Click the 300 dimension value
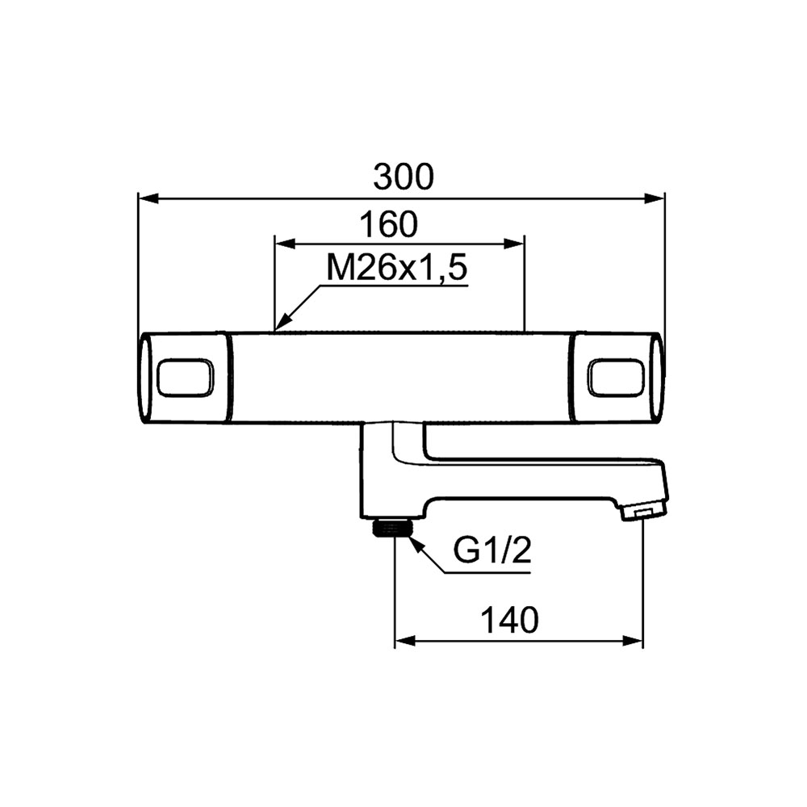403,177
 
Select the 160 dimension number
389,225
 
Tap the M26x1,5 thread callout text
397,268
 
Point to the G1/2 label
491,551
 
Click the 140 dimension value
509,620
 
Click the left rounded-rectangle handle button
185,378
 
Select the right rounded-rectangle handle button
616,378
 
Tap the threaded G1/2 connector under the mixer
395,528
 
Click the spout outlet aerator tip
644,512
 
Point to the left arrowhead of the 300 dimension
148,199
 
